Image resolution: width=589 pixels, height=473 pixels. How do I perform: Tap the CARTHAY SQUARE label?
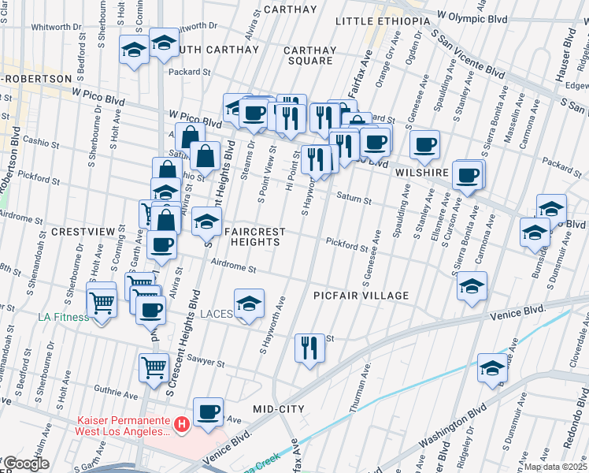pos(311,55)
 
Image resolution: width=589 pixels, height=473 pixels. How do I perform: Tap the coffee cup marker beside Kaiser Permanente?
pos(209,411)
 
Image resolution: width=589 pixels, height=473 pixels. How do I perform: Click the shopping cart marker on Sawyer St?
pos(154,366)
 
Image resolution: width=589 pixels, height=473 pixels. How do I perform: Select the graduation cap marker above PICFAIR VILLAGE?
pos(472,285)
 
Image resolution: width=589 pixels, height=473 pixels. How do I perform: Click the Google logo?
pos(26,464)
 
